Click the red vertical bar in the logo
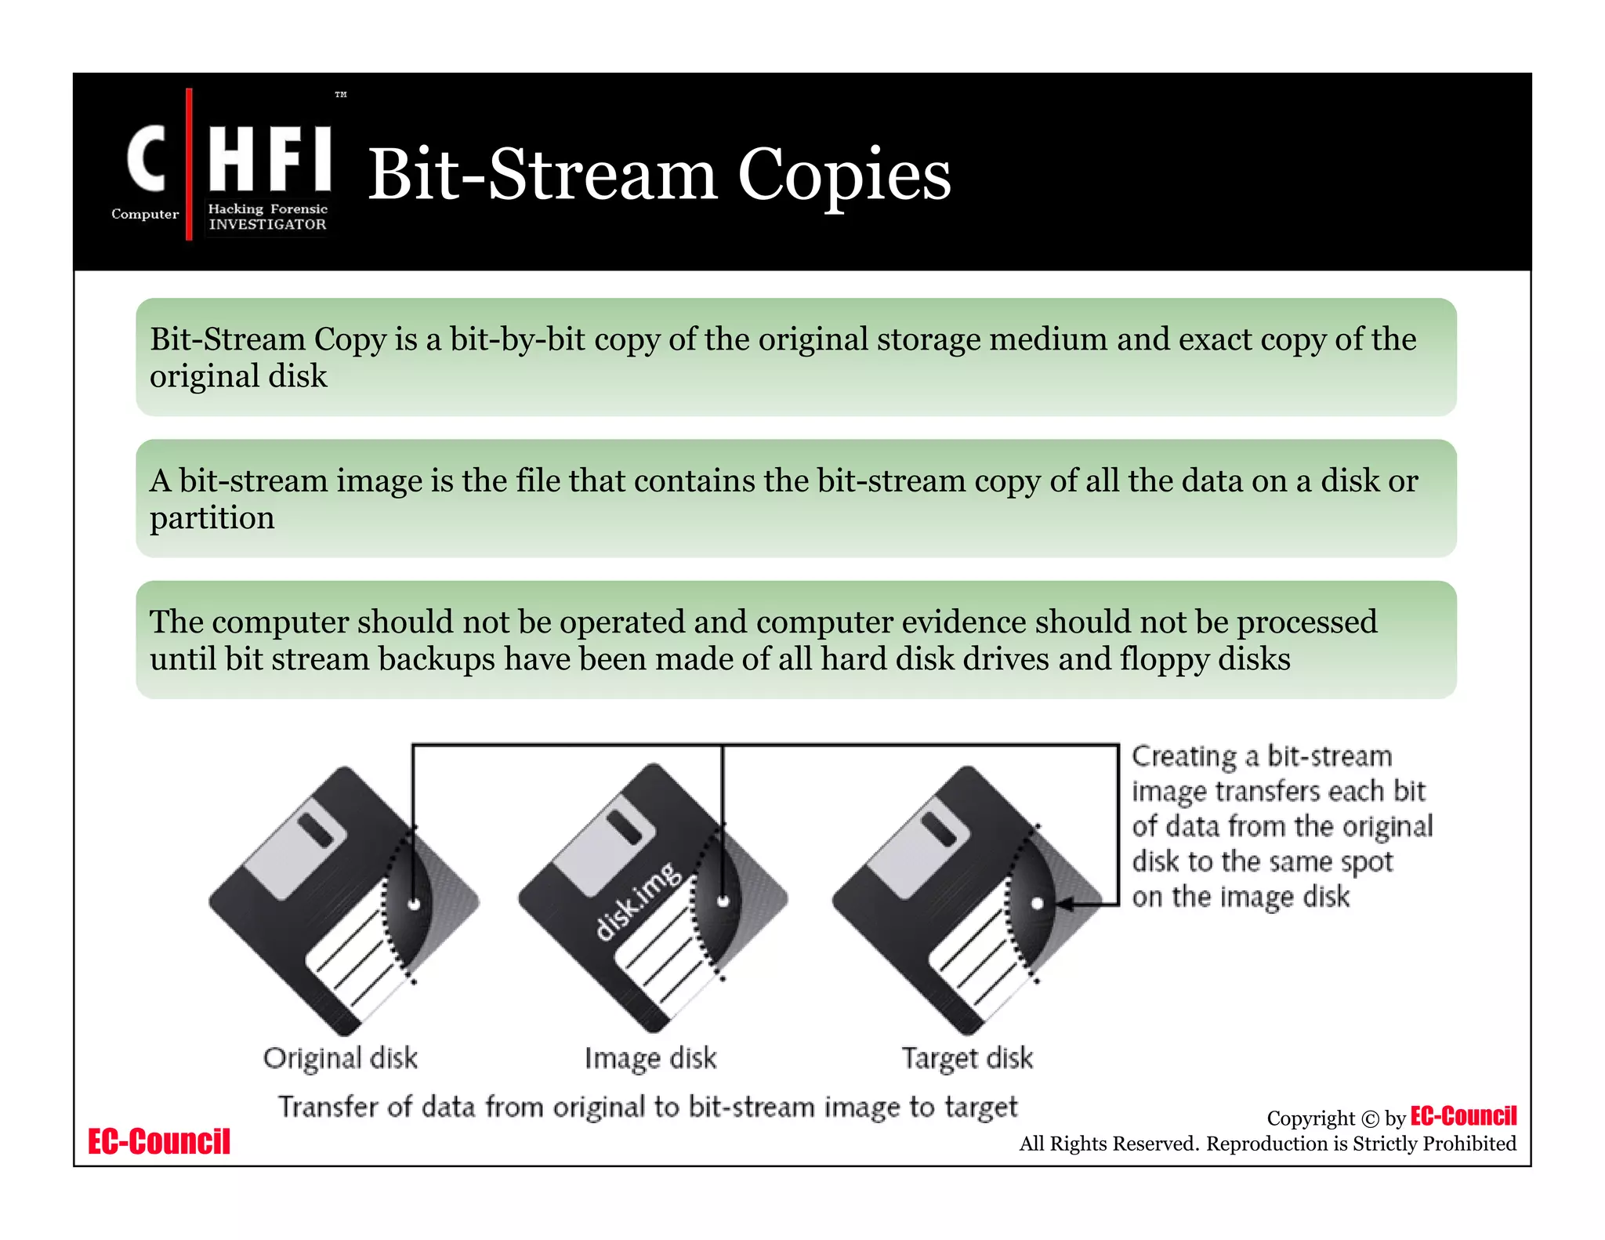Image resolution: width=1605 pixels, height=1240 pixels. pyautogui.click(x=189, y=164)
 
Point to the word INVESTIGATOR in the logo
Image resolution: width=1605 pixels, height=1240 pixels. pyautogui.click(x=267, y=225)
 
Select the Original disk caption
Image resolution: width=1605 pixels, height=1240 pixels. pyautogui.click(x=340, y=1058)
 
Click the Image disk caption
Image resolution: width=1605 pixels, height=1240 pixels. pyautogui.click(x=650, y=1058)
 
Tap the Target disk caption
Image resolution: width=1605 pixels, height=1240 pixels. pyautogui.click(x=967, y=1058)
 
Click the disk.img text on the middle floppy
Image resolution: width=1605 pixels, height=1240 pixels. pyautogui.click(x=639, y=901)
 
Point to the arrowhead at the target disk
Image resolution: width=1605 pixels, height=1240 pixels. pyautogui.click(x=1063, y=905)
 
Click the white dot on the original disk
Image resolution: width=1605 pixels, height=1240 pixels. pyautogui.click(x=415, y=904)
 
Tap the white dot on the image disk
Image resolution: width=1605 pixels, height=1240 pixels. pyautogui.click(x=723, y=901)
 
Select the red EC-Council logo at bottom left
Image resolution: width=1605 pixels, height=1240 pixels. pyautogui.click(x=159, y=1142)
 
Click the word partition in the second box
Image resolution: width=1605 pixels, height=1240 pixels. pyautogui.click(x=212, y=518)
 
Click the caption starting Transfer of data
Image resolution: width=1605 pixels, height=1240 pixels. pyautogui.click(x=648, y=1107)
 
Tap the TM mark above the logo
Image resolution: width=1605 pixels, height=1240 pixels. pyautogui.click(x=341, y=95)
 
